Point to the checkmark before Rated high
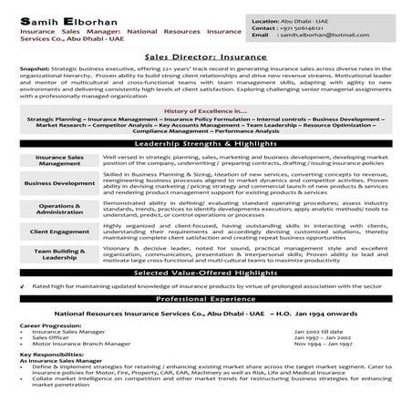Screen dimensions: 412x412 [22, 285]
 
